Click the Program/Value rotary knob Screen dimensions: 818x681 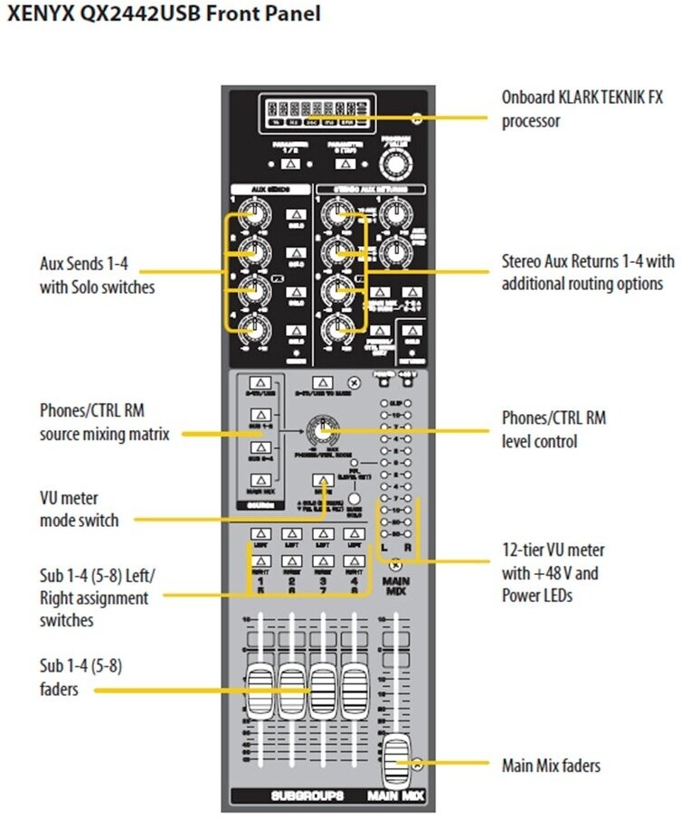[x=393, y=163]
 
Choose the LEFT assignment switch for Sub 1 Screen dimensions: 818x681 [x=260, y=535]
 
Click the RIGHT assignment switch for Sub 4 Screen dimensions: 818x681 [x=354, y=559]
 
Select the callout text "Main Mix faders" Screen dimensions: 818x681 [x=551, y=766]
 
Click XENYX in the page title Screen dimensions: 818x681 [x=34, y=15]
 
